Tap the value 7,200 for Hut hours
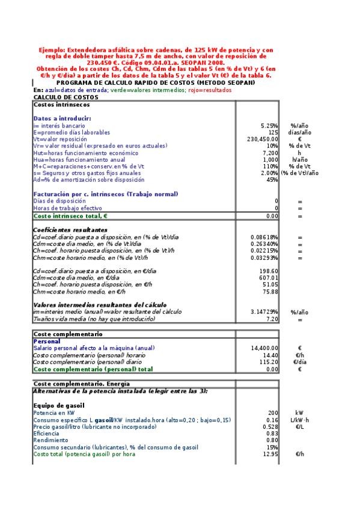coord(270,153)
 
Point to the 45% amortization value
coord(272,179)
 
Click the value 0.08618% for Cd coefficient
coord(264,237)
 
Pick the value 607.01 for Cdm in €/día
coord(268,278)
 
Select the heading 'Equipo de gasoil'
coord(58,405)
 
